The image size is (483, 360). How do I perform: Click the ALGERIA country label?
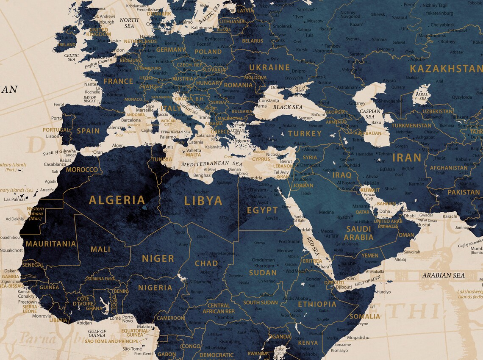(117, 200)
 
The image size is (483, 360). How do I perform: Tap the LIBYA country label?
(203, 200)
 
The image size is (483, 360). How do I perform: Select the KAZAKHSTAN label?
(446, 69)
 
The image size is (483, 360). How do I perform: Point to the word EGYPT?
(262, 210)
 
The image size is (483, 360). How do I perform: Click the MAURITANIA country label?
(51, 244)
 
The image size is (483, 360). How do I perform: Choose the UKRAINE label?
(269, 67)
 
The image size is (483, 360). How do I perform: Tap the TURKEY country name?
(305, 133)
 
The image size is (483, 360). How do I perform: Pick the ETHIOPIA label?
(317, 304)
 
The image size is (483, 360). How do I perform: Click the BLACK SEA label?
(288, 107)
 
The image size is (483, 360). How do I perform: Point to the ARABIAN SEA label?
(443, 275)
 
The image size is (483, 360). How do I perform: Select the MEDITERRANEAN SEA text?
(211, 163)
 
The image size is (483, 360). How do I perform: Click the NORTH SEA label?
(129, 23)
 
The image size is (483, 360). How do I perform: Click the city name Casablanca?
(54, 164)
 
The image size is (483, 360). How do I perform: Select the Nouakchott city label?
(11, 250)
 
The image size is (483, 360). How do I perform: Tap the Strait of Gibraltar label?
(60, 152)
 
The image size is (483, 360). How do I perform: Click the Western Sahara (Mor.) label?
(36, 214)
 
